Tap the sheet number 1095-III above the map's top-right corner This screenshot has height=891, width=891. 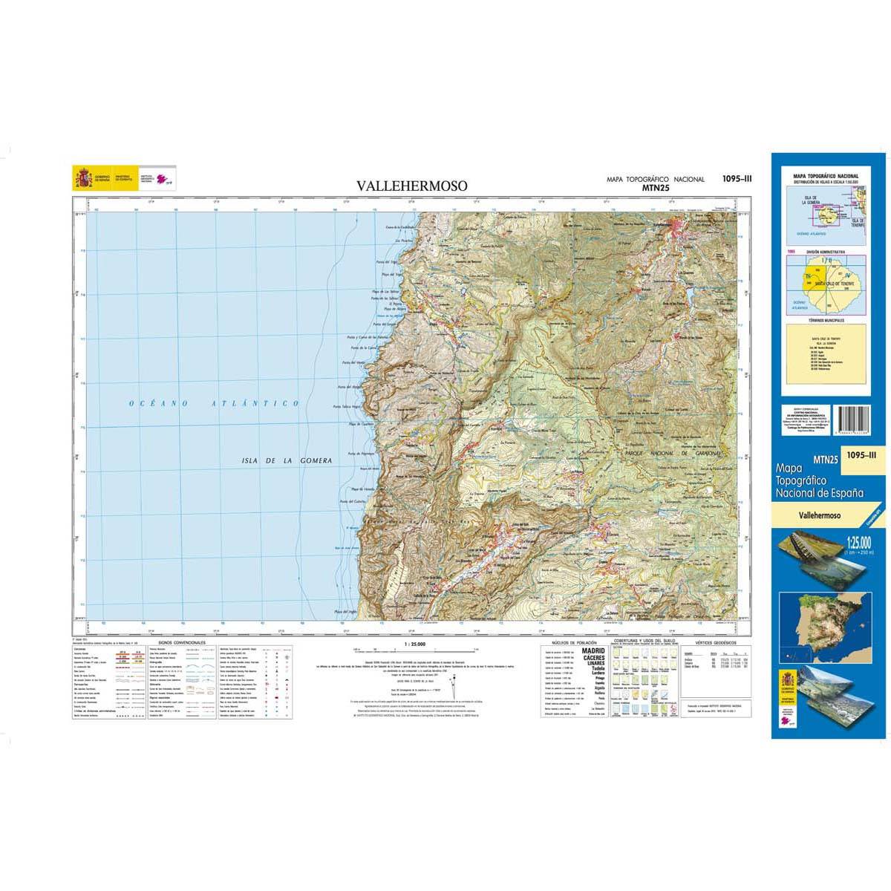[737, 177]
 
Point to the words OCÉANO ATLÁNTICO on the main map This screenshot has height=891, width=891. [213, 403]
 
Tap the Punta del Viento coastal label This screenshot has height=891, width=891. [355, 363]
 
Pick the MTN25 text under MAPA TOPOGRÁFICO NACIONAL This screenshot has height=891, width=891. [655, 189]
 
